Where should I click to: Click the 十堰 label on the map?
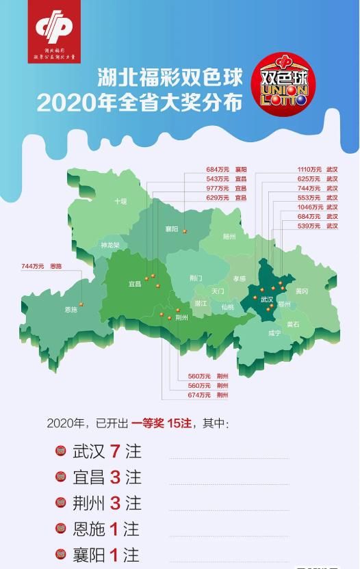[120, 201]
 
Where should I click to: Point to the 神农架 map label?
[110, 245]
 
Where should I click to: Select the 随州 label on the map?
[229, 236]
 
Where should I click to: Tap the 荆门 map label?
[196, 278]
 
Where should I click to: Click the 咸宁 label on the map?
[274, 333]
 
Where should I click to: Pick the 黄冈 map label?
[302, 291]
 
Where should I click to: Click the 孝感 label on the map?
[239, 278]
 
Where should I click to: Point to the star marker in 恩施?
[81, 304]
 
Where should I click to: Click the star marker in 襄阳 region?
[184, 231]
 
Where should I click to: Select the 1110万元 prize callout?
[309, 168]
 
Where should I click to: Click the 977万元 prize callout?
[217, 187]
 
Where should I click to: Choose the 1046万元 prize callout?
[309, 207]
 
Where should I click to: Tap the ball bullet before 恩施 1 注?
[60, 528]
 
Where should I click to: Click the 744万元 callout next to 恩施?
[32, 265]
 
